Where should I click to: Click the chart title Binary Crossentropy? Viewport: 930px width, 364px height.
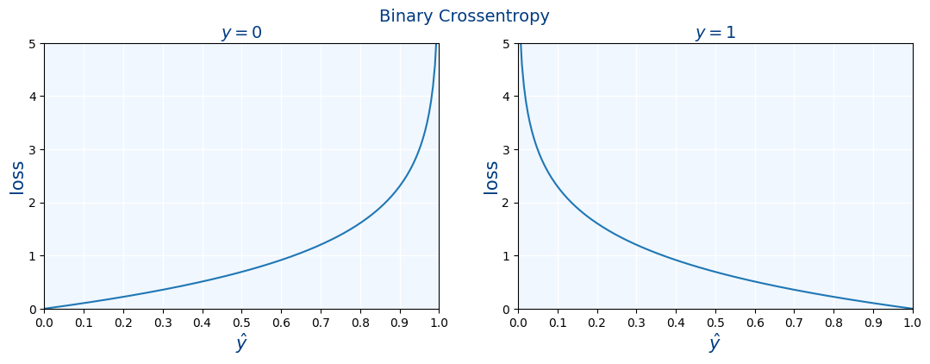point(464,16)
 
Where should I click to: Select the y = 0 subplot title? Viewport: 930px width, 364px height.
point(241,34)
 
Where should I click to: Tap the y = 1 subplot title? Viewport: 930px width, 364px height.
point(715,34)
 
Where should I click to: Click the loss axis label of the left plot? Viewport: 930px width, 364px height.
point(17,177)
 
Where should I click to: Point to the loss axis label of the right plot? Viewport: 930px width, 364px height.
point(491,177)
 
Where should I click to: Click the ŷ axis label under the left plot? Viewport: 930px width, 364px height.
point(241,343)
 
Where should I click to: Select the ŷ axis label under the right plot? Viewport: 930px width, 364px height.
point(715,343)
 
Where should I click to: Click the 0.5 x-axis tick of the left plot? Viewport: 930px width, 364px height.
point(241,323)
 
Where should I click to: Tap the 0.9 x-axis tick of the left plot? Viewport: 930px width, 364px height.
point(399,323)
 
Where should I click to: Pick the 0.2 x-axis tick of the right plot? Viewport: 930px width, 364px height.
point(596,323)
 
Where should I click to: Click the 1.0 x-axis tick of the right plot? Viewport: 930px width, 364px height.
point(912,323)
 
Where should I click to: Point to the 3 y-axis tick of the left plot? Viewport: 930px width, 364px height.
point(34,150)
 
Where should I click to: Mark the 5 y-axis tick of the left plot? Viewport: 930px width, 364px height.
point(34,44)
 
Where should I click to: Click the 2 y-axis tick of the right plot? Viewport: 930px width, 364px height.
point(509,203)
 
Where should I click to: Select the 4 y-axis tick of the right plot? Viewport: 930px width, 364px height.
point(509,97)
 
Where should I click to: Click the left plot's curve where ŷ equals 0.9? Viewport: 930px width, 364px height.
point(399,186)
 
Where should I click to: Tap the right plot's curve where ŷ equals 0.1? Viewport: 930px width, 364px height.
point(558,186)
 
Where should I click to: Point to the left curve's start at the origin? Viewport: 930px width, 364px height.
point(45,308)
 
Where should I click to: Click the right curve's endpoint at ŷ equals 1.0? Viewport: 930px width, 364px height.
point(912,308)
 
